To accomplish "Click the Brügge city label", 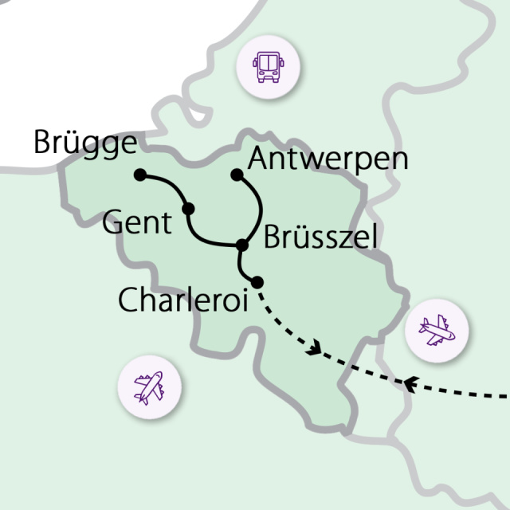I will [x=85, y=143].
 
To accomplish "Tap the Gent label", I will [x=137, y=222].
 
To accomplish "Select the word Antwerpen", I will [x=328, y=159].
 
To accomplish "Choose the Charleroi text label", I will [x=182, y=300].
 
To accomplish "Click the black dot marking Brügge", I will [x=140, y=175].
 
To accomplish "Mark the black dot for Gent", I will [x=189, y=209].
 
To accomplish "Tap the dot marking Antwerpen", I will [x=236, y=174].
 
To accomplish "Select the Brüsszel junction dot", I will [x=242, y=245].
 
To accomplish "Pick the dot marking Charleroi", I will [x=257, y=280].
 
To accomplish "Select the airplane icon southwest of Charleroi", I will [x=149, y=387].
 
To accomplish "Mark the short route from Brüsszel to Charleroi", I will [x=241, y=265].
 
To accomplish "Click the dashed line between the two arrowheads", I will [x=363, y=370].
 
